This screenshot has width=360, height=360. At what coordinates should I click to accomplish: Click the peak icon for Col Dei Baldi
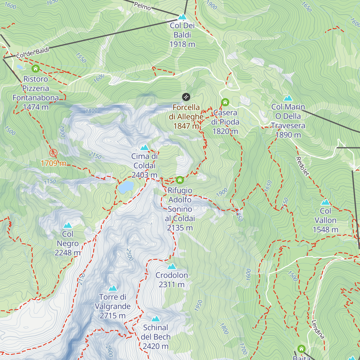click(x=182, y=17)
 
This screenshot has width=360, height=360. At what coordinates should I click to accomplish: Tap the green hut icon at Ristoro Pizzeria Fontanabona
click(x=36, y=69)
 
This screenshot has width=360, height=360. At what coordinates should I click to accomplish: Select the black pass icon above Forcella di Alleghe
click(x=186, y=97)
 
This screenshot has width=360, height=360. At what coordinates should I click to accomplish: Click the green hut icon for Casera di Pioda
click(x=225, y=102)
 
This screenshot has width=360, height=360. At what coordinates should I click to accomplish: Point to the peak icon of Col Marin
click(x=288, y=98)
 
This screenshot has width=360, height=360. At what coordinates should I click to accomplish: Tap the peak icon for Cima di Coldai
click(x=145, y=147)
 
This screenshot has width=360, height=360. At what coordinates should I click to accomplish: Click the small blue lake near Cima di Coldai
click(x=125, y=187)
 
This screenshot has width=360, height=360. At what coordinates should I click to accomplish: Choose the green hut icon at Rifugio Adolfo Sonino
click(x=180, y=180)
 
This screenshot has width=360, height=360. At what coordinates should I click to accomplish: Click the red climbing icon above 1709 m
click(x=53, y=153)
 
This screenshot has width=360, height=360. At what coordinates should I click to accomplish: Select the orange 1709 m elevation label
click(x=53, y=163)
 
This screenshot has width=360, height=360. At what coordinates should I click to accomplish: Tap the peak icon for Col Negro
click(x=67, y=225)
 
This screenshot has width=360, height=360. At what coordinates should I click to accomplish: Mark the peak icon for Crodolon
click(x=172, y=266)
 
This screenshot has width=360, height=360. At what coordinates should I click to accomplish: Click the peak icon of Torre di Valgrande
click(x=113, y=288)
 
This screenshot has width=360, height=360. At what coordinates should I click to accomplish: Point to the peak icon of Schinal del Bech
click(x=155, y=319)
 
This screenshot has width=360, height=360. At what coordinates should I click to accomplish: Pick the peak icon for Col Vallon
click(x=325, y=202)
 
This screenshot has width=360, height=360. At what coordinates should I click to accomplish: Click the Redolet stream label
click(x=302, y=166)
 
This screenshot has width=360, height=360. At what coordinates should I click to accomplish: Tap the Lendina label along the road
click(x=318, y=329)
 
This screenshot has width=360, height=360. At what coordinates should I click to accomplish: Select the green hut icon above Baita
click(x=301, y=349)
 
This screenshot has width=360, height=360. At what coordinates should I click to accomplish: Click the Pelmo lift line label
click(x=142, y=6)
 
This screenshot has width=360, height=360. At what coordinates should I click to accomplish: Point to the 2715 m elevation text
click(x=113, y=316)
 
